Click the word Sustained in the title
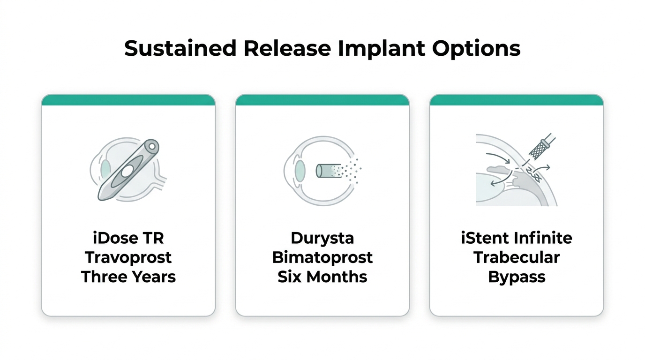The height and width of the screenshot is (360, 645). point(180,48)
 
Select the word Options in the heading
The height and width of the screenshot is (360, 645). point(476,49)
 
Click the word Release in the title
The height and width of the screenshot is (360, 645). point(287,48)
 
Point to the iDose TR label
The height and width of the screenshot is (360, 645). point(128,238)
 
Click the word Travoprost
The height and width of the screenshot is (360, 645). point(128,258)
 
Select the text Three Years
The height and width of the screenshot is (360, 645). point(128,277)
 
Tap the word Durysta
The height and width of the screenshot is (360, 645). point(322,239)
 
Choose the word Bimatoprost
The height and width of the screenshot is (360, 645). point(322,258)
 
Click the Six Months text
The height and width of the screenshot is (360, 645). point(322,277)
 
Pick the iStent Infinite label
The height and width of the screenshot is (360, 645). point(517,238)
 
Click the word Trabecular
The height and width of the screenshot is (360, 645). point(517,257)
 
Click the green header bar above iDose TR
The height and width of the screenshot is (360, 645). point(128,100)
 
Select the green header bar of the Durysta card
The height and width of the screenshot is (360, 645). point(322,100)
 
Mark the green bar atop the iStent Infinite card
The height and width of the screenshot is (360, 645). point(517,100)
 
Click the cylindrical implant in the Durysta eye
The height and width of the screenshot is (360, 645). point(328,171)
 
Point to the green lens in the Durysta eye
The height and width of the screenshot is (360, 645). point(300,171)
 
